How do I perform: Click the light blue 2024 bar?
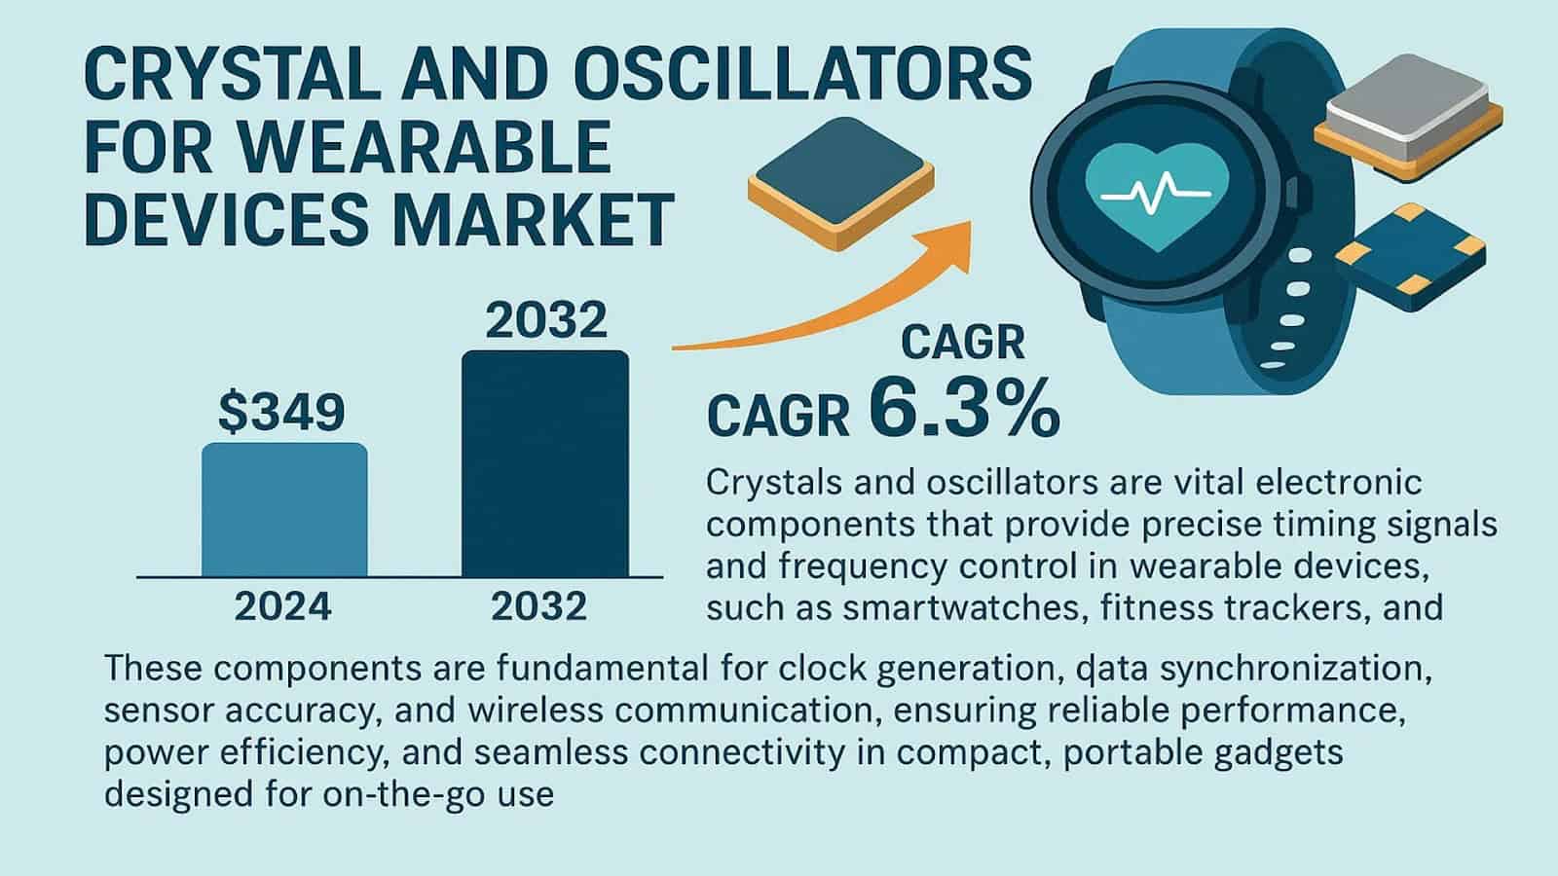point(284,510)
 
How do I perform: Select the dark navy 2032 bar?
point(545,463)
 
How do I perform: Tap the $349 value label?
point(281,413)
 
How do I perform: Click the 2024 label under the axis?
point(282,606)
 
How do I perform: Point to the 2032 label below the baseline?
point(539,606)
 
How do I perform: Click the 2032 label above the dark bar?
point(546,320)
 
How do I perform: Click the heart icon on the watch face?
point(1158,193)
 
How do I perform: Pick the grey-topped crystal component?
point(1408,118)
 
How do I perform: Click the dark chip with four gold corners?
point(1410,257)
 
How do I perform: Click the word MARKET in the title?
point(534,221)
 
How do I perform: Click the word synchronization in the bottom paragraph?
point(1296,668)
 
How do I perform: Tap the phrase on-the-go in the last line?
point(404,793)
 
